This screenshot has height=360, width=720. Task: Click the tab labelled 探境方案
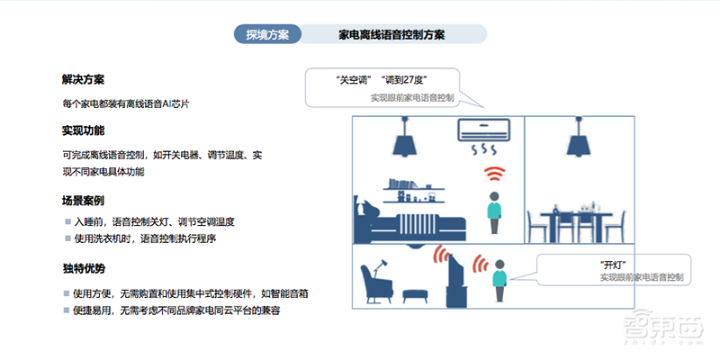[x=267, y=34]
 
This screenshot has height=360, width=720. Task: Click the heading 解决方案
[x=84, y=80]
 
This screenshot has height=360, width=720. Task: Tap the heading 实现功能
[x=84, y=131]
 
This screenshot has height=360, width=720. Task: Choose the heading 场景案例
[x=84, y=199]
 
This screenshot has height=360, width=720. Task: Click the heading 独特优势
[x=84, y=268]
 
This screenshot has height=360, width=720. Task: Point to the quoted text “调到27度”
[x=405, y=79]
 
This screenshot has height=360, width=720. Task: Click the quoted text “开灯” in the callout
[x=612, y=264]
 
